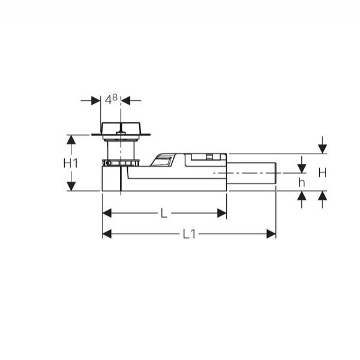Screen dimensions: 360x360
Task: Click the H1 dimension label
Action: (70, 163)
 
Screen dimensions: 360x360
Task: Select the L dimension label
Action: (164, 213)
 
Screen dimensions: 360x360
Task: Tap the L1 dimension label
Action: (189, 234)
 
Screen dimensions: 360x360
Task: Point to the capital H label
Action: (322, 173)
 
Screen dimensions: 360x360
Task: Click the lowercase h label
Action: (302, 183)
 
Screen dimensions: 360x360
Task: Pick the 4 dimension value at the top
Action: (108, 100)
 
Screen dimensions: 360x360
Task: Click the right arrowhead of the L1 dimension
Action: (271, 234)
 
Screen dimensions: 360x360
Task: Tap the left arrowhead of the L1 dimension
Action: (107, 234)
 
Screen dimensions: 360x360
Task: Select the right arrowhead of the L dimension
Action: (222, 213)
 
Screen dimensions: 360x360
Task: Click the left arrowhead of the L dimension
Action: (107, 213)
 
